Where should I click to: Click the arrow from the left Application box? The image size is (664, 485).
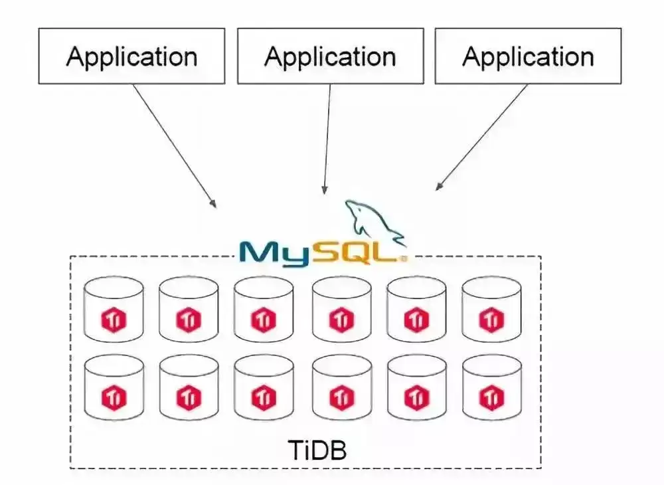pos(175,145)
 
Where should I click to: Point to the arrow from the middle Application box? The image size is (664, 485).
pos(327,139)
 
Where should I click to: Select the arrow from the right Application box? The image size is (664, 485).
pos(482,137)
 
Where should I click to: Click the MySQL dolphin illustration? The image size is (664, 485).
pos(374,223)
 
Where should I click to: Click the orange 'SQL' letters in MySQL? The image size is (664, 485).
pos(356,253)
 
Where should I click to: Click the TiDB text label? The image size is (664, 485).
pos(317,450)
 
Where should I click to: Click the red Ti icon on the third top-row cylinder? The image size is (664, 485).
pos(263,320)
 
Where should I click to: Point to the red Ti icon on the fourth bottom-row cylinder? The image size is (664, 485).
pos(341,397)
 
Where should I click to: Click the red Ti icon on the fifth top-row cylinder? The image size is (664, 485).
pos(416,320)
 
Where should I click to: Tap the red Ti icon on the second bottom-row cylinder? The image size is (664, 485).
pos(189,397)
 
